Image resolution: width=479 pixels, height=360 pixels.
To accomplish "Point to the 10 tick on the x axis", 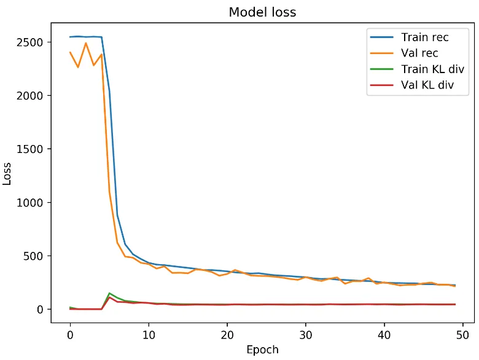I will coord(149,334).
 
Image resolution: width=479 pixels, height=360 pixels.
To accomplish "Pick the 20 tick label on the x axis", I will coord(227,334).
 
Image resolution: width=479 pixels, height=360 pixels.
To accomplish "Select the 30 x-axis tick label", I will coord(306,334).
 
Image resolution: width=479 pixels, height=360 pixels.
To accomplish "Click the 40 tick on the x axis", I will coord(384,334).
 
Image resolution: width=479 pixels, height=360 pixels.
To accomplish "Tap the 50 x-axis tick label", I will coord(463,334).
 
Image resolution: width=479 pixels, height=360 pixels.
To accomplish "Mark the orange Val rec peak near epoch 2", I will coord(86,43).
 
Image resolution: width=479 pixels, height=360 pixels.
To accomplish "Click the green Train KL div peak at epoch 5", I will coord(109,293).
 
